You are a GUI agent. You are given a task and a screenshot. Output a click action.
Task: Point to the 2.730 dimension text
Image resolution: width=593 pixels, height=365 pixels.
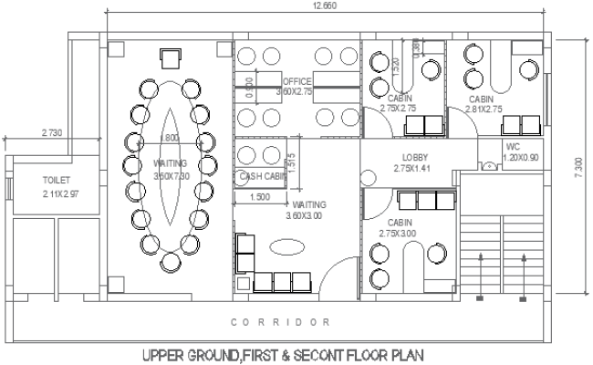(53, 133)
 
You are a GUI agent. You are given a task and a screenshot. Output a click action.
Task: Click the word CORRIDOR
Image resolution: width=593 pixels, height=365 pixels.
(280, 323)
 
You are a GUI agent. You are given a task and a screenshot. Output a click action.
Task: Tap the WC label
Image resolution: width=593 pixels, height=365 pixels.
(513, 145)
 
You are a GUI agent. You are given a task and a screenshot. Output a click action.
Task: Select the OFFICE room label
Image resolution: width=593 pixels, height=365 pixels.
(296, 81)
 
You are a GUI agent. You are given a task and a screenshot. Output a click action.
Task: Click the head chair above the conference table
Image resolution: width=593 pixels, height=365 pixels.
(170, 58)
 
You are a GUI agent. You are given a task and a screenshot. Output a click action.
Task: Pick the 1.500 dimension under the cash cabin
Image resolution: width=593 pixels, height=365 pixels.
(261, 196)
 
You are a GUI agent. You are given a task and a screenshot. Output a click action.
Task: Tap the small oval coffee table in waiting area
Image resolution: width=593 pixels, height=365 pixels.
(285, 245)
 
